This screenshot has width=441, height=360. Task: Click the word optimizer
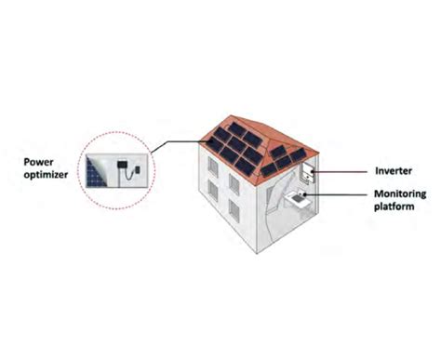(47, 172)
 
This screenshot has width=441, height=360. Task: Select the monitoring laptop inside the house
(299, 199)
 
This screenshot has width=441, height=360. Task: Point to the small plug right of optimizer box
(138, 170)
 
